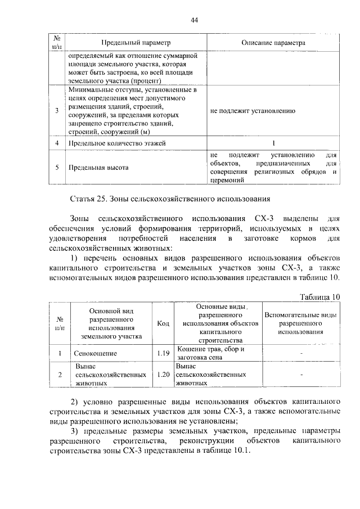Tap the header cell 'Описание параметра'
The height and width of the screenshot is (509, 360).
click(273, 43)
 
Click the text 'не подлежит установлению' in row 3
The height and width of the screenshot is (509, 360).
click(253, 111)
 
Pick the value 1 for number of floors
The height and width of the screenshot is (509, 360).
click(273, 143)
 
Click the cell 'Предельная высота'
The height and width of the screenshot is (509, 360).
click(98, 168)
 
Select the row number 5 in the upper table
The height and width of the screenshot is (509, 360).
click(57, 168)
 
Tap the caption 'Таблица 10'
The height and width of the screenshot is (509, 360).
click(320, 297)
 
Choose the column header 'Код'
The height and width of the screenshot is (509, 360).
click(164, 323)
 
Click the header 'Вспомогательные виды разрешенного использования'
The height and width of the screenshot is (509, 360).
click(300, 323)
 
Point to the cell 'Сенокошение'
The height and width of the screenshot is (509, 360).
click(96, 354)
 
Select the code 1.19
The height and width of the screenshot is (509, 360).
click(164, 354)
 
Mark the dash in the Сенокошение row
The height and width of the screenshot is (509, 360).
click(301, 354)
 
